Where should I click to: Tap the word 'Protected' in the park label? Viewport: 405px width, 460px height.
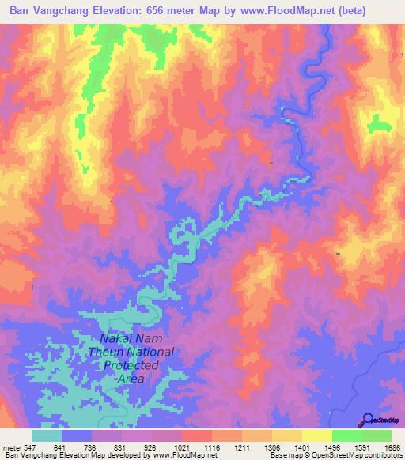pos(131,366)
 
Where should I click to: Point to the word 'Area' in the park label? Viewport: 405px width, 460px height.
pos(131,379)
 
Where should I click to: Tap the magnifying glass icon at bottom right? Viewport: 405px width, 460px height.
pos(368,420)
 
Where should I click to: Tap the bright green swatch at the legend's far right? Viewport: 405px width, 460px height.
pos(377,435)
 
